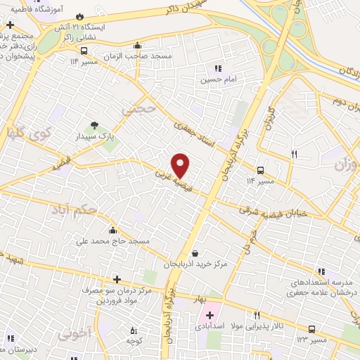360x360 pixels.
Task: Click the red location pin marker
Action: pyautogui.click(x=181, y=166)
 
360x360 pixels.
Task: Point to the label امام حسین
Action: pyautogui.click(x=217, y=81)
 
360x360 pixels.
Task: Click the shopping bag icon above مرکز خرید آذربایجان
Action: pyautogui.click(x=195, y=253)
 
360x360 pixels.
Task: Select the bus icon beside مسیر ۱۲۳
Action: pyautogui.click(x=312, y=329)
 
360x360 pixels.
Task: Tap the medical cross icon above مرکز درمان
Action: pyautogui.click(x=117, y=278)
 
